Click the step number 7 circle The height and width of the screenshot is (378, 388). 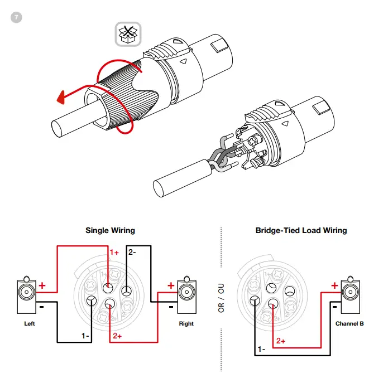tap(16, 17)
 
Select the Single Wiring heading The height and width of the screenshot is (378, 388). tap(110, 230)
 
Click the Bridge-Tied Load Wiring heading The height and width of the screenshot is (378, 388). tap(301, 230)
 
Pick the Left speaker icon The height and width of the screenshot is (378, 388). tap(26, 296)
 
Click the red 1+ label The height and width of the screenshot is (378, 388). tap(114, 252)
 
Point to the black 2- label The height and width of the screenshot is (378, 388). tap(132, 252)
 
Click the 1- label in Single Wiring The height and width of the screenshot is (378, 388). tap(85, 336)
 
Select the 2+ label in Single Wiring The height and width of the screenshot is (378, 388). tap(117, 336)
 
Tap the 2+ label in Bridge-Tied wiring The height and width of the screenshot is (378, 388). tap(281, 340)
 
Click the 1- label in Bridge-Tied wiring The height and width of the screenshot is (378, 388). tap(261, 349)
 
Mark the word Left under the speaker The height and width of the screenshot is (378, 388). tap(30, 323)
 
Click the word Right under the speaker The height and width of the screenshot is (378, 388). tap(186, 323)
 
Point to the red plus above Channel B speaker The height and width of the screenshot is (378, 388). tap(334, 285)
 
